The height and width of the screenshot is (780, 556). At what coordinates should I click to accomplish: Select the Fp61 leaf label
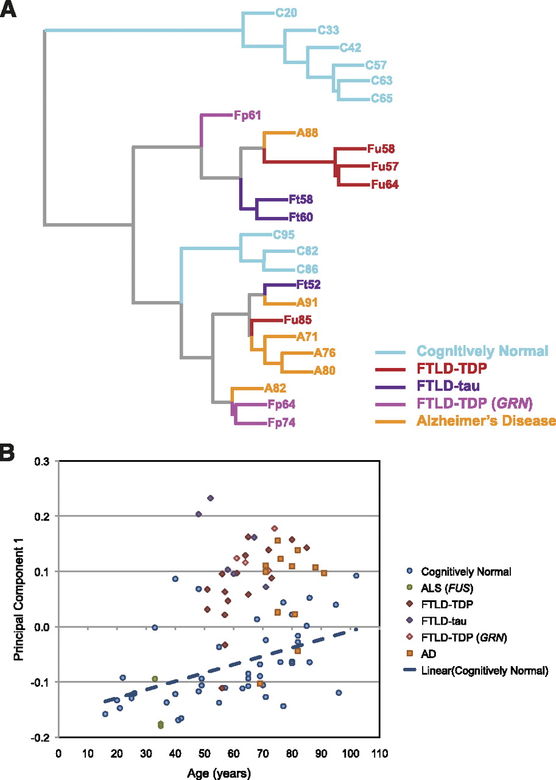click(x=248, y=115)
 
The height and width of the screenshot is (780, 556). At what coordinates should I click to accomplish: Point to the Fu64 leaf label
click(x=385, y=183)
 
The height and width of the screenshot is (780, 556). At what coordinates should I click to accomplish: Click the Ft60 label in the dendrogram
click(x=301, y=217)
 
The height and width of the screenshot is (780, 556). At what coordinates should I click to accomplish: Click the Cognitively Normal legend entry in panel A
click(x=483, y=351)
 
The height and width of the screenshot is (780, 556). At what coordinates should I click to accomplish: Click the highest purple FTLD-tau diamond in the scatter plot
click(x=211, y=498)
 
